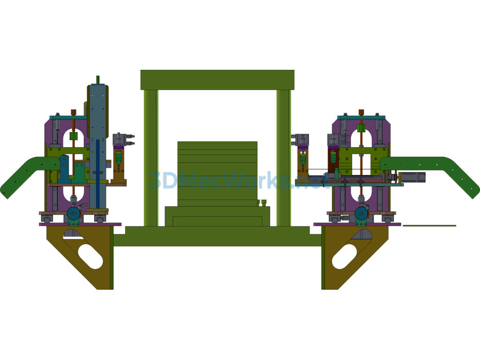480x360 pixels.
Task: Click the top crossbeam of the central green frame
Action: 217,80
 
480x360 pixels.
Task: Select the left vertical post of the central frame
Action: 151,158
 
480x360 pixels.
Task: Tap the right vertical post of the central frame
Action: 284,158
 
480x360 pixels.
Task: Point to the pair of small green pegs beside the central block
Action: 262,202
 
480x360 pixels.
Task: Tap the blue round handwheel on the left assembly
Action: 74,213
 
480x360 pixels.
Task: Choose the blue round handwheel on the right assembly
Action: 361,213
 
